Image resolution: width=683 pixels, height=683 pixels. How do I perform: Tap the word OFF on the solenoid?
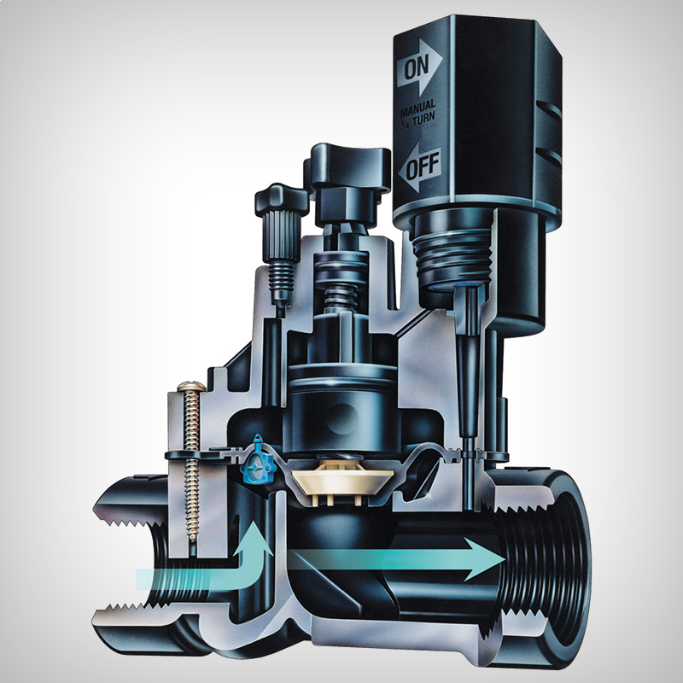(x=423, y=166)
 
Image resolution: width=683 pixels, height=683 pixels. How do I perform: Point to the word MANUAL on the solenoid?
(x=417, y=108)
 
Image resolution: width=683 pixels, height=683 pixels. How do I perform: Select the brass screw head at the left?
(x=191, y=386)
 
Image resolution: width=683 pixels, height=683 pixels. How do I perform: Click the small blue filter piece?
(x=259, y=460)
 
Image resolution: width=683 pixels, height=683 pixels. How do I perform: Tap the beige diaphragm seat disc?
(x=343, y=479)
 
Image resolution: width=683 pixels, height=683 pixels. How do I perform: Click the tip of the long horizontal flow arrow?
(x=505, y=559)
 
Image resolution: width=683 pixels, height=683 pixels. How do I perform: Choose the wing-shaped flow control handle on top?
(x=348, y=165)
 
